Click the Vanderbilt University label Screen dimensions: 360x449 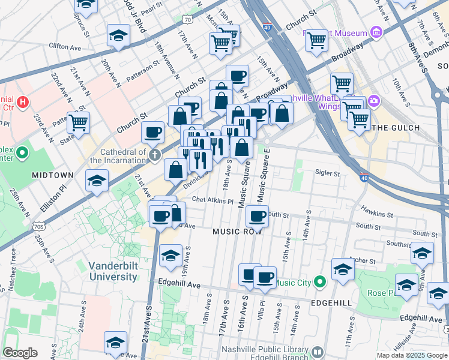click(x=113, y=271)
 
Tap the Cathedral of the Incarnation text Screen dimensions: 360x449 click(x=118, y=156)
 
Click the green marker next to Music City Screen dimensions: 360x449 click(x=319, y=281)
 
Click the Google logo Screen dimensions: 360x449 click(x=20, y=353)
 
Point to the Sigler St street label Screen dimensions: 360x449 click(x=328, y=173)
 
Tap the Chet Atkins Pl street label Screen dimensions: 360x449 click(x=212, y=200)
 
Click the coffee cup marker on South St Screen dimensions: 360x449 click(x=257, y=217)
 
